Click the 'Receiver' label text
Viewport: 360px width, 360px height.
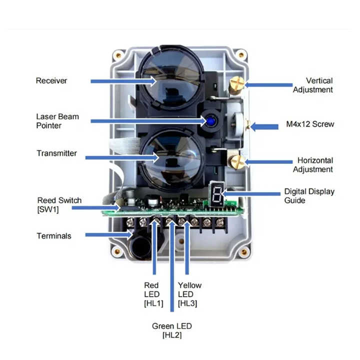coord(51,80)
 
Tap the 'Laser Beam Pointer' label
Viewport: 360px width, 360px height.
coord(57,121)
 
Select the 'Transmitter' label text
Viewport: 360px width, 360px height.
coord(56,153)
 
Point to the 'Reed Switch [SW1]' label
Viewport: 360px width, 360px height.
coord(59,204)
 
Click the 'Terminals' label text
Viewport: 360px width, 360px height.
coord(53,235)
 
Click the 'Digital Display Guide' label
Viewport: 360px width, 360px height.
coord(309,195)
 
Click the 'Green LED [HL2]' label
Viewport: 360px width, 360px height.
coord(171,330)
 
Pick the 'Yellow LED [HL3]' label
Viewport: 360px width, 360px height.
coord(189,294)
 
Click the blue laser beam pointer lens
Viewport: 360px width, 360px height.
coord(207,120)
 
